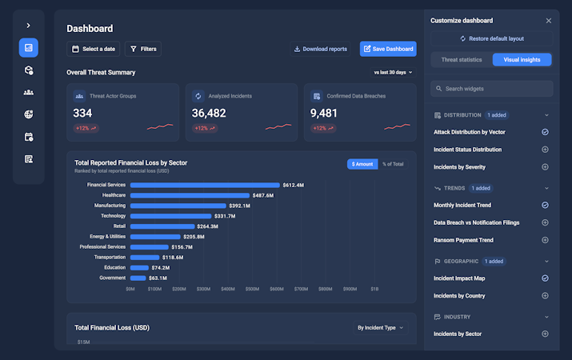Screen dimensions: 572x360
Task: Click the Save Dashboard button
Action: (388, 49)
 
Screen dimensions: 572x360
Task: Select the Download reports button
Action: (320, 49)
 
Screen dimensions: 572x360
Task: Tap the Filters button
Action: (143, 49)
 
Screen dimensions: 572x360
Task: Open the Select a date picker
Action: (94, 49)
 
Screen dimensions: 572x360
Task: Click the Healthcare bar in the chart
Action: (190, 195)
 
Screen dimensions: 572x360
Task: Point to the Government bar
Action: (138, 278)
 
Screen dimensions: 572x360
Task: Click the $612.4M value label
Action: (294, 186)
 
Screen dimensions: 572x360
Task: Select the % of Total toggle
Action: (393, 164)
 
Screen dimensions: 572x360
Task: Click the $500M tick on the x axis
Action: (252, 289)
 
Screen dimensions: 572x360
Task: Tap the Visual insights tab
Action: (522, 60)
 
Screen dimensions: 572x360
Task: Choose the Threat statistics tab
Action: (462, 60)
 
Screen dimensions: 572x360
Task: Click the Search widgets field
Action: (492, 89)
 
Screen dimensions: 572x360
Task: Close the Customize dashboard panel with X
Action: (548, 21)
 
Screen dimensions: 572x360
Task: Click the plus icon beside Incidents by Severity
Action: (545, 167)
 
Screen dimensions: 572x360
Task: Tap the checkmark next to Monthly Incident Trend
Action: (545, 205)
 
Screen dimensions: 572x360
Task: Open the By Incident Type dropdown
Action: (381, 328)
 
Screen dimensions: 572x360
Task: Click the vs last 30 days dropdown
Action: (393, 73)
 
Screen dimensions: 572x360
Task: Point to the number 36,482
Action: (209, 113)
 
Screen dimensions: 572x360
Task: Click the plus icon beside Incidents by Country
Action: (545, 296)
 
